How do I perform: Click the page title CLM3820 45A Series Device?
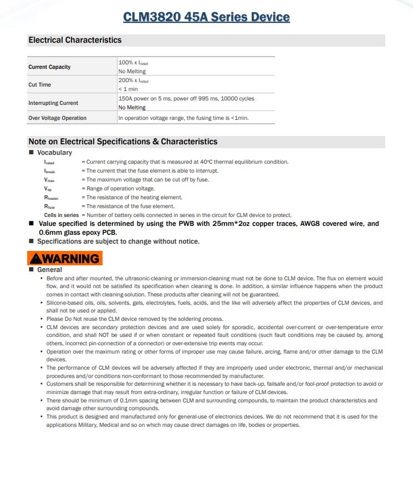206,17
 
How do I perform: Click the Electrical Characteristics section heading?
75,40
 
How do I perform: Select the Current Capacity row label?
49,67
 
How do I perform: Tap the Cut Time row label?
39,85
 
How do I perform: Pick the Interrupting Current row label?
53,103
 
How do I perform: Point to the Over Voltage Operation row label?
58,118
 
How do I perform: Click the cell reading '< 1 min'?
128,89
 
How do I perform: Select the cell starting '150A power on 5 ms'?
186,99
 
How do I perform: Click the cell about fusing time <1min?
183,118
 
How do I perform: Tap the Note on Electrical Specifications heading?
123,142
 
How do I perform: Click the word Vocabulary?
54,153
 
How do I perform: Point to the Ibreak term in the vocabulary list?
49,171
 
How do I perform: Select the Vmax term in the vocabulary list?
49,180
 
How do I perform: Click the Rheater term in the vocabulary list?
51,198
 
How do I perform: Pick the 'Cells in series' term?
62,215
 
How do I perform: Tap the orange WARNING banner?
65,258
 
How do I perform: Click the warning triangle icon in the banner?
36,259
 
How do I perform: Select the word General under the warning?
49,270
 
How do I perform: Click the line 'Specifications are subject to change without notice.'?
118,241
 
